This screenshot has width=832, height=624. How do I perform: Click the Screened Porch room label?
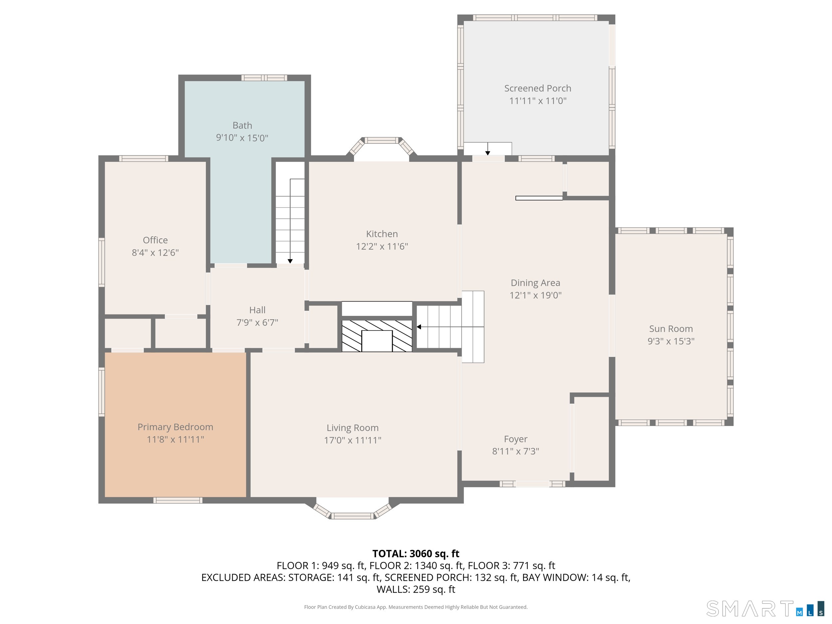pos(537,89)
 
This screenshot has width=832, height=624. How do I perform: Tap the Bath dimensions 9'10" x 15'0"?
pos(242,138)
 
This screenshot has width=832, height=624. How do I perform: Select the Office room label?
pos(155,240)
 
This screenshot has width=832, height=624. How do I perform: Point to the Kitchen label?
pos(382,234)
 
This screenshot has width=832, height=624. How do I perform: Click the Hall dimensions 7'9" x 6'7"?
pos(257,322)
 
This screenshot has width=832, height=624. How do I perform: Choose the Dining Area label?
pos(535,283)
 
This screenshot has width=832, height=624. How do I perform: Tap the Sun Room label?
pos(671,329)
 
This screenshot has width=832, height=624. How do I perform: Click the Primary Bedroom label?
pos(175,427)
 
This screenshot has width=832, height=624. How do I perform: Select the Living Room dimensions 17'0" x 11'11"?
pos(352,440)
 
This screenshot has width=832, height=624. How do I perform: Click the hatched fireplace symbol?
pos(376,336)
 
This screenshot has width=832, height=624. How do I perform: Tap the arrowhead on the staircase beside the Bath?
pos(290,261)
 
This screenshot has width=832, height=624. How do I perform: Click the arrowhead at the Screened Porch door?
pos(488,153)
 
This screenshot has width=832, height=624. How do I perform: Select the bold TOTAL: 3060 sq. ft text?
pos(416,554)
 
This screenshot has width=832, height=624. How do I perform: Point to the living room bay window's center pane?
pos(352,516)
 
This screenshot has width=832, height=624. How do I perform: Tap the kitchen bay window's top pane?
pos(382,141)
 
